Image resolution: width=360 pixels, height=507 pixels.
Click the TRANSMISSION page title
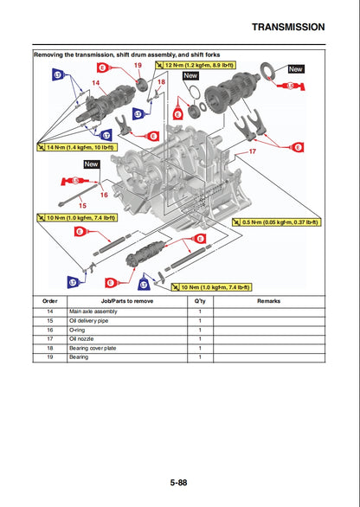(x=288, y=27)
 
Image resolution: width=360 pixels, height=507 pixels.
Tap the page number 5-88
(x=180, y=483)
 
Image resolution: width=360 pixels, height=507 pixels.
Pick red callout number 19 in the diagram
(x=138, y=66)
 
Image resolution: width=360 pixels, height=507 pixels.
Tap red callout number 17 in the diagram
(x=253, y=151)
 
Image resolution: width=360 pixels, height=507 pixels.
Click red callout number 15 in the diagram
(x=83, y=205)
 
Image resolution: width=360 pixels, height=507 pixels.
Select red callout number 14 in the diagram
(x=96, y=82)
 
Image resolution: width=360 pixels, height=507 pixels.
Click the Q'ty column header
(x=200, y=301)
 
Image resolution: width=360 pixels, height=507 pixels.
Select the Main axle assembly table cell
(x=93, y=311)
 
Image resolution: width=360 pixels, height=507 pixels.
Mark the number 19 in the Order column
(x=50, y=356)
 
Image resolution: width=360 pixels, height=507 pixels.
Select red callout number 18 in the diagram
(x=161, y=82)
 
